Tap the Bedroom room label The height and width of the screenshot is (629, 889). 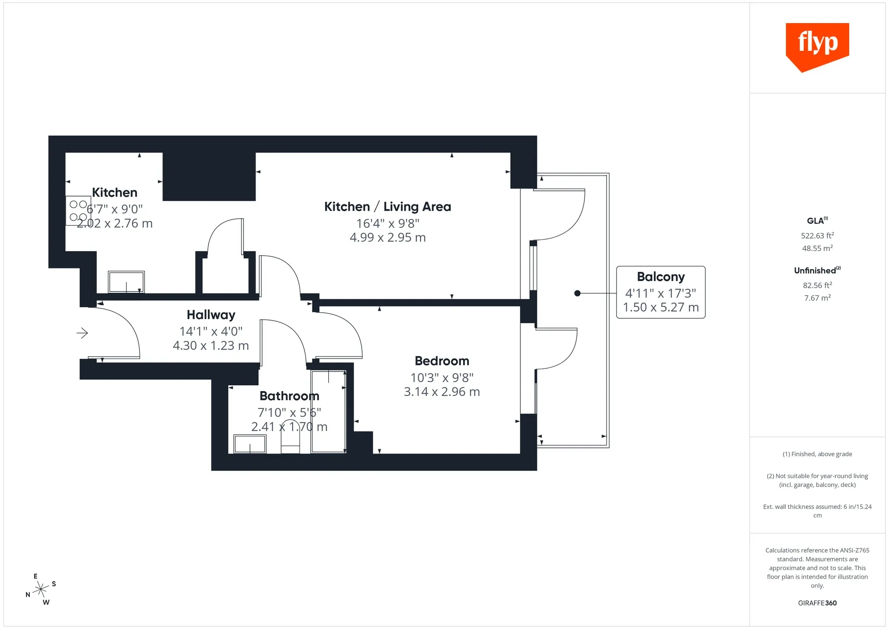coord(442,361)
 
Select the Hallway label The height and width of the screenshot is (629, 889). coord(211,315)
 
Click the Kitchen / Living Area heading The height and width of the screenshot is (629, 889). coord(388,207)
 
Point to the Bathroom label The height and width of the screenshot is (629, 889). coord(289,396)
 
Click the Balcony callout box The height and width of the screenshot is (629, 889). coord(661,292)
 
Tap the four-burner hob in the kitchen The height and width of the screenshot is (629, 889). coord(78,211)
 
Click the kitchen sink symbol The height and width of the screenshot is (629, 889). coord(126,282)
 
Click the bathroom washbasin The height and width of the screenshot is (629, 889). coord(250,444)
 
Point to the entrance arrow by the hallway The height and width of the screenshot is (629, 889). coord(82,333)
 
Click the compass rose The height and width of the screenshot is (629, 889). coord(41,589)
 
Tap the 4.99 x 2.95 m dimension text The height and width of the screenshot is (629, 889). coord(388,238)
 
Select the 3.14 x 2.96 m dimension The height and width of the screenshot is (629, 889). coord(442,392)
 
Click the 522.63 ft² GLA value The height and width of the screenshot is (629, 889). coord(817,235)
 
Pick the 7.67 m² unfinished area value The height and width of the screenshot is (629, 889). coord(817,298)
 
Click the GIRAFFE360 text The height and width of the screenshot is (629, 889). coord(817,603)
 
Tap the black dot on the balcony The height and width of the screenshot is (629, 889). coord(577,293)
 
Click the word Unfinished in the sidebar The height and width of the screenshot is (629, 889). coord(815,270)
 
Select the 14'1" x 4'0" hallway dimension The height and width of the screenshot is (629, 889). coord(211,332)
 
